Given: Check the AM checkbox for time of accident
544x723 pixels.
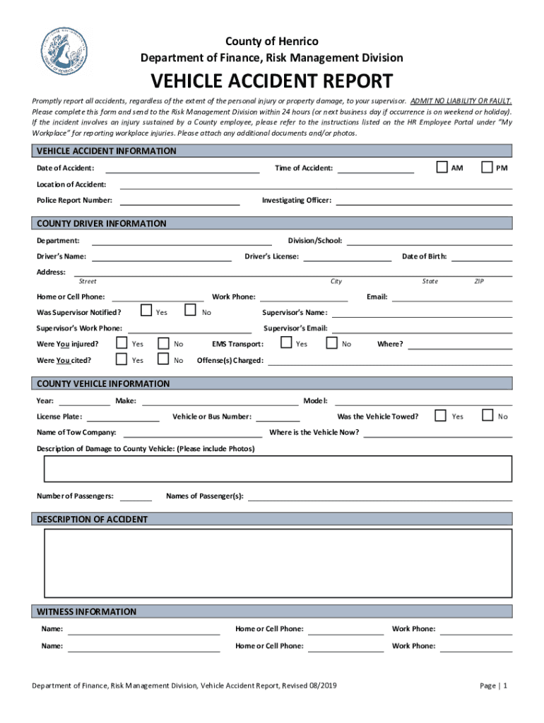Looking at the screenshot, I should (442, 167).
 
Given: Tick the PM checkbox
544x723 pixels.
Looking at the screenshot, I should (487, 167).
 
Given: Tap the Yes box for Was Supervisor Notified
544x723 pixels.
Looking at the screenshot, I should (146, 310).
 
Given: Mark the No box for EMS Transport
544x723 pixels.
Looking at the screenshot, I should (331, 342).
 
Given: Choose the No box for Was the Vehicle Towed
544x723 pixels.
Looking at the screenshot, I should (487, 415).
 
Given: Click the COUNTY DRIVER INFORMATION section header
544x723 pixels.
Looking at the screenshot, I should (102, 224).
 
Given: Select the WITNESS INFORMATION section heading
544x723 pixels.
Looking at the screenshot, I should (87, 611).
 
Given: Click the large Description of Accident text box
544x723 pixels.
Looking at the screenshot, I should (278, 563).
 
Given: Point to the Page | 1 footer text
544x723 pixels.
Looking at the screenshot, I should (493, 686).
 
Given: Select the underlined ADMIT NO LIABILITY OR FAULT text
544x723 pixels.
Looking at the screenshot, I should (461, 102).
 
